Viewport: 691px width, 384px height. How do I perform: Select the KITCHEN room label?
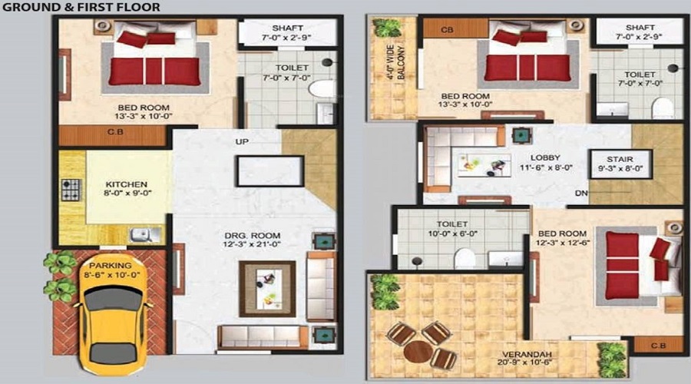127,185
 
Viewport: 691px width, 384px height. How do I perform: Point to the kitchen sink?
141,234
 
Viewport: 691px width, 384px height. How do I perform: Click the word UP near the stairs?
241,142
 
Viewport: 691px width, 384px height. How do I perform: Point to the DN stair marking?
581,193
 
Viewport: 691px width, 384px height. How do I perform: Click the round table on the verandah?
418,353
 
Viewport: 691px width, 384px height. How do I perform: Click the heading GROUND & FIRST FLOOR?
81,8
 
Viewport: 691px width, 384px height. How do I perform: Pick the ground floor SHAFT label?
276,28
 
